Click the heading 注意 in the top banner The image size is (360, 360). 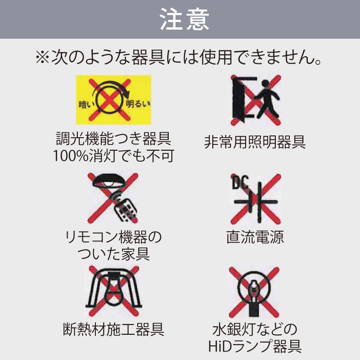coord(180,19)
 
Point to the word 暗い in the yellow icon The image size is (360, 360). coord(85,105)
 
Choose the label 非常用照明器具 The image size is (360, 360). coord(255,142)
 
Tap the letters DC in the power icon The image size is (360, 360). coord(239,182)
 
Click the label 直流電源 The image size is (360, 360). coord(255,237)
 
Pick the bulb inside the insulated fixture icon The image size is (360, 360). coord(112,295)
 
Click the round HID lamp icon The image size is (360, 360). coord(255,288)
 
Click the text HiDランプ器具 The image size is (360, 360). coord(255,346)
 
